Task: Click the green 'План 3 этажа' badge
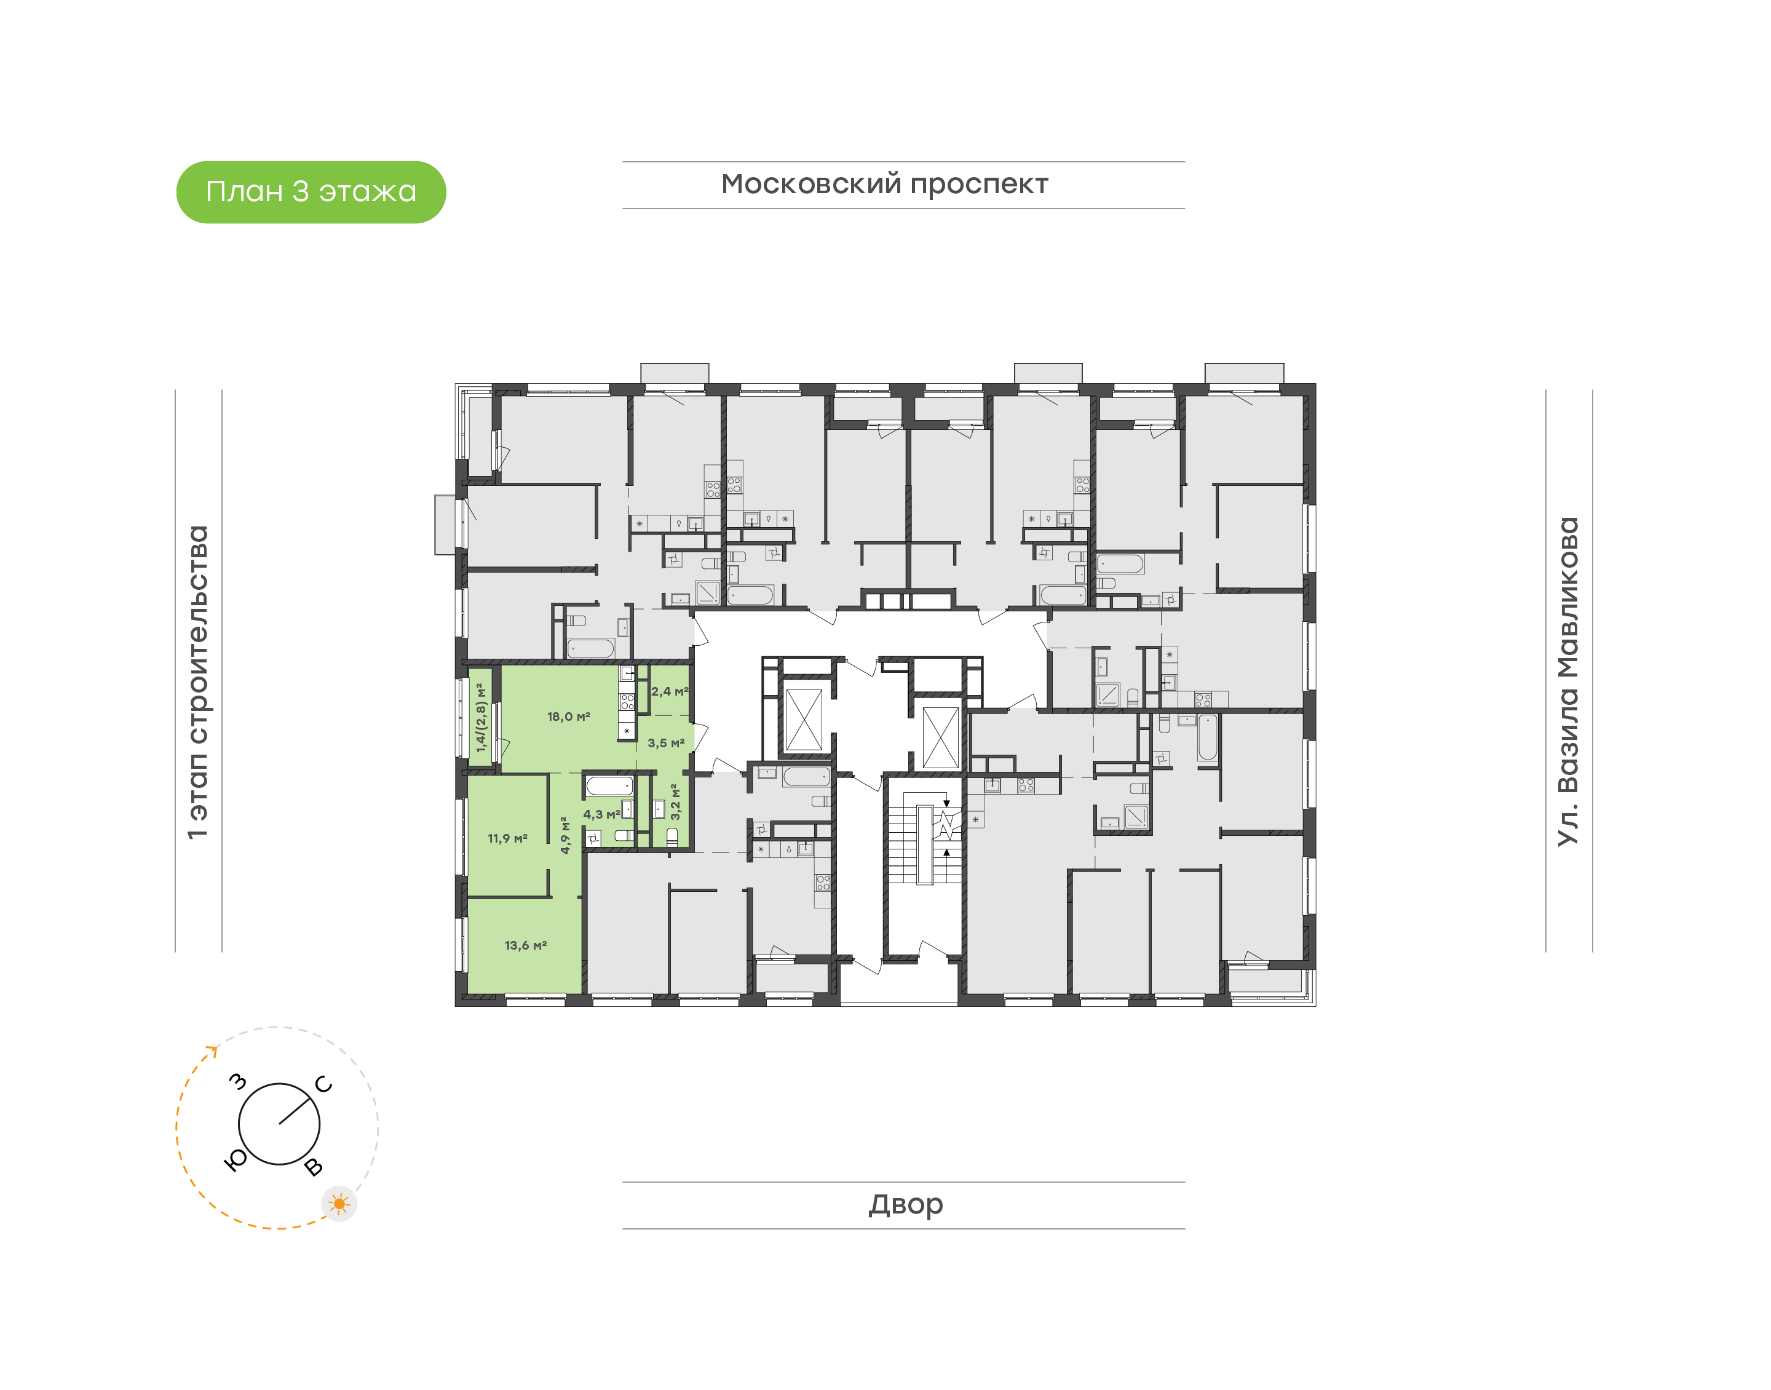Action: pos(311,192)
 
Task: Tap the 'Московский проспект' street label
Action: pos(884,185)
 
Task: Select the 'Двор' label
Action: pos(905,1204)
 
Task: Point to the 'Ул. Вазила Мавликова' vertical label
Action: pos(1567,681)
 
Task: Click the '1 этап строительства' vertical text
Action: pos(197,682)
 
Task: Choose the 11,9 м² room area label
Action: pos(508,838)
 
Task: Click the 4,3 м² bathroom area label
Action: pos(601,814)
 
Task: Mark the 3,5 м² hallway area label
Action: pos(665,743)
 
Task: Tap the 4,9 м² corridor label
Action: pos(565,835)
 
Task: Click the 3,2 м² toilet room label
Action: pos(675,801)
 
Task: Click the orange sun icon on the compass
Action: pos(339,1204)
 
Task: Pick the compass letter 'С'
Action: pos(324,1084)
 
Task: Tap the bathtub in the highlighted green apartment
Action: pos(609,785)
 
